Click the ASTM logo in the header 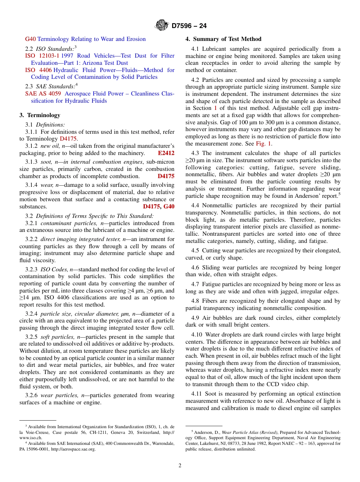(x=162, y=26)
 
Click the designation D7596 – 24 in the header (x=189, y=26)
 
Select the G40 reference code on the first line (x=30, y=39)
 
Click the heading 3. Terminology (x=40, y=115)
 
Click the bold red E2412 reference (x=166, y=153)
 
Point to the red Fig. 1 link (x=263, y=144)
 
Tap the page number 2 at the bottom (x=180, y=466)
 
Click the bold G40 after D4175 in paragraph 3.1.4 (x=169, y=207)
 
